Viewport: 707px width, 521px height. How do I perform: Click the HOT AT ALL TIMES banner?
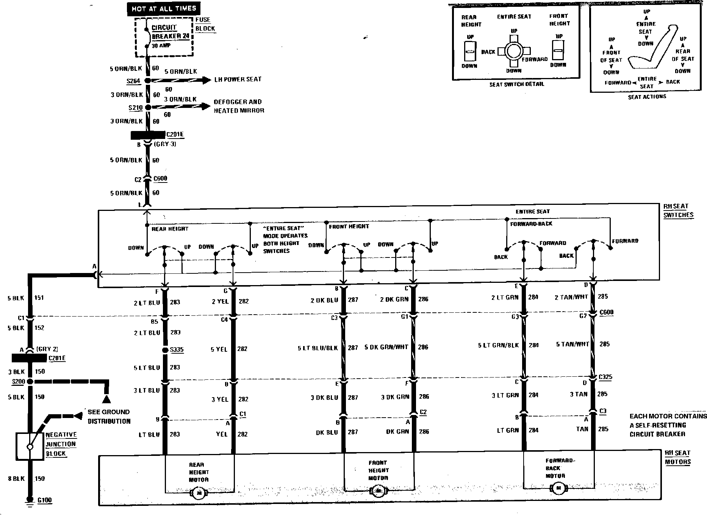(164, 8)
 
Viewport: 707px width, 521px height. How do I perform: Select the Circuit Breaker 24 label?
(170, 32)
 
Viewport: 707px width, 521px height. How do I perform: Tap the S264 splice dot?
(148, 81)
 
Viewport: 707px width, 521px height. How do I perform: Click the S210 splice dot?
(148, 108)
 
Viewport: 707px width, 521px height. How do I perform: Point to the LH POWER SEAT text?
(238, 79)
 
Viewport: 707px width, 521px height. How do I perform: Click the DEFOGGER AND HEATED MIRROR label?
(239, 106)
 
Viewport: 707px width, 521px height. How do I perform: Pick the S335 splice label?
(177, 349)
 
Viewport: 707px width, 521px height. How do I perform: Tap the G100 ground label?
(44, 500)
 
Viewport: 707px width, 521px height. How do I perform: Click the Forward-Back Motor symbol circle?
(558, 488)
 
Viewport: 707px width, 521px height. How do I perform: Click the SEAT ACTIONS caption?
(647, 97)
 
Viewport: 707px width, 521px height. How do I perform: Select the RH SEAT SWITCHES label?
(678, 211)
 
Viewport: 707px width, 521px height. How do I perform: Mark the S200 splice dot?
(30, 381)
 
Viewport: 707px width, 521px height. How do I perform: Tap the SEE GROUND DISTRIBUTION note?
(109, 416)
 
